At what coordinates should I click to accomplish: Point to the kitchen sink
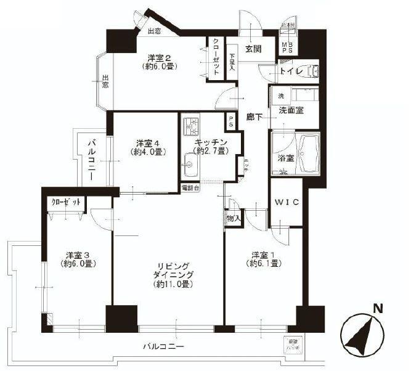click(x=189, y=165)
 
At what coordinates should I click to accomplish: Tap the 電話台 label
click(x=190, y=187)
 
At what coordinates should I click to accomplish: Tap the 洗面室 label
click(x=291, y=111)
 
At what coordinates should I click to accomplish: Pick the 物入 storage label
click(x=233, y=218)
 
